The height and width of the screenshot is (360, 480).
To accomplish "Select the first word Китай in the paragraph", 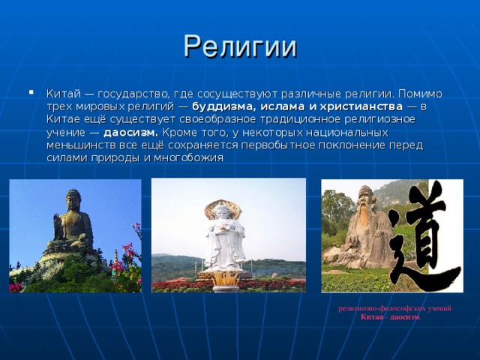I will point(61,94).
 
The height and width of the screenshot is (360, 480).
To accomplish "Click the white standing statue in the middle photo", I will point(223,238).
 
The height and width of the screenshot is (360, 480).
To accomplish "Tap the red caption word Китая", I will point(373,317).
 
